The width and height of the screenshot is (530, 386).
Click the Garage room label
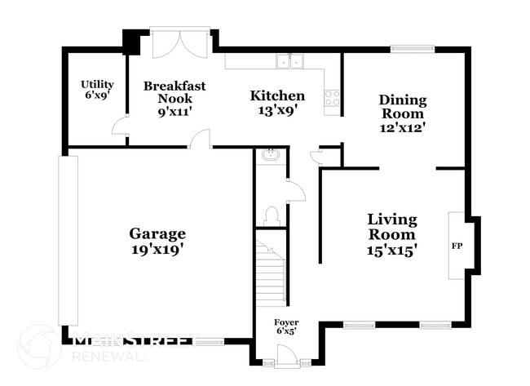(157, 233)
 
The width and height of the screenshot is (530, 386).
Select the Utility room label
(97, 84)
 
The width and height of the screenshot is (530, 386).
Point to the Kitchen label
(277, 95)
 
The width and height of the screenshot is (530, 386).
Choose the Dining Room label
(403, 100)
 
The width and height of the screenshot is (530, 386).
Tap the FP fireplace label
(457, 245)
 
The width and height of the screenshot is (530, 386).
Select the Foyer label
(285, 322)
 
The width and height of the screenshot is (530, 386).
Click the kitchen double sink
(288, 60)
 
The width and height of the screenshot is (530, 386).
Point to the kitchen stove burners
(332, 99)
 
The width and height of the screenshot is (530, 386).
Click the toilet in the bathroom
(272, 215)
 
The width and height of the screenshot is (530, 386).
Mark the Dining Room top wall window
(412, 48)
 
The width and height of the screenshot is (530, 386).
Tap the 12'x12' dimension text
(403, 127)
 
